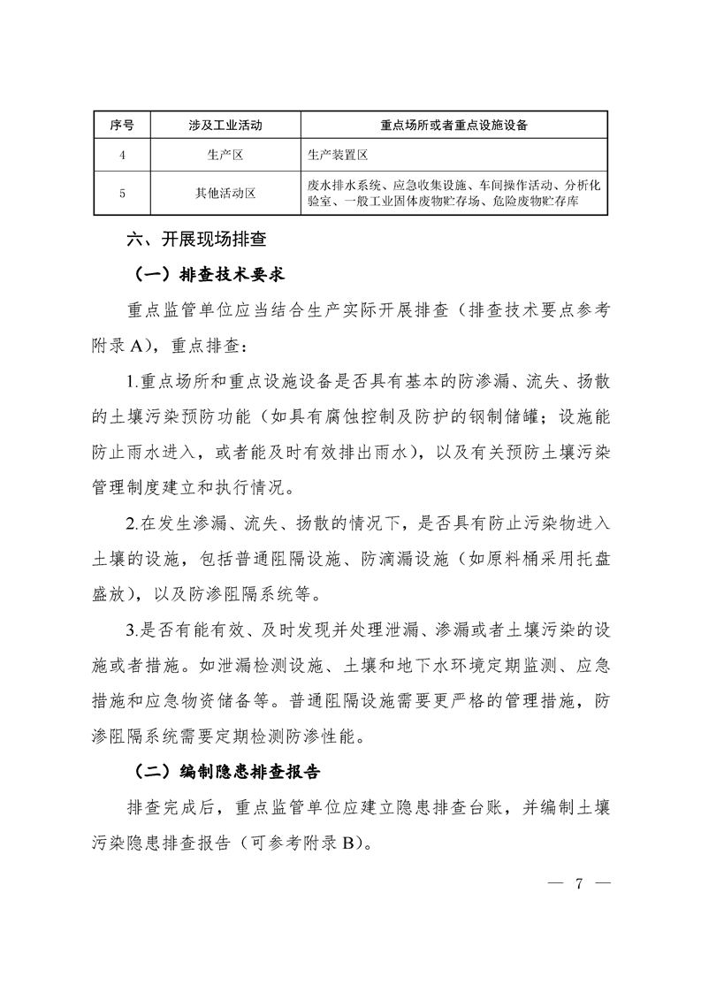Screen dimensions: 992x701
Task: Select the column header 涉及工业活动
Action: [225, 126]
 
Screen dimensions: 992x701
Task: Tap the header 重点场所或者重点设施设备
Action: [454, 126]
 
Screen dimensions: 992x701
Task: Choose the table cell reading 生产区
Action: [225, 154]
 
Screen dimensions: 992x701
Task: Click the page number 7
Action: [580, 883]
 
